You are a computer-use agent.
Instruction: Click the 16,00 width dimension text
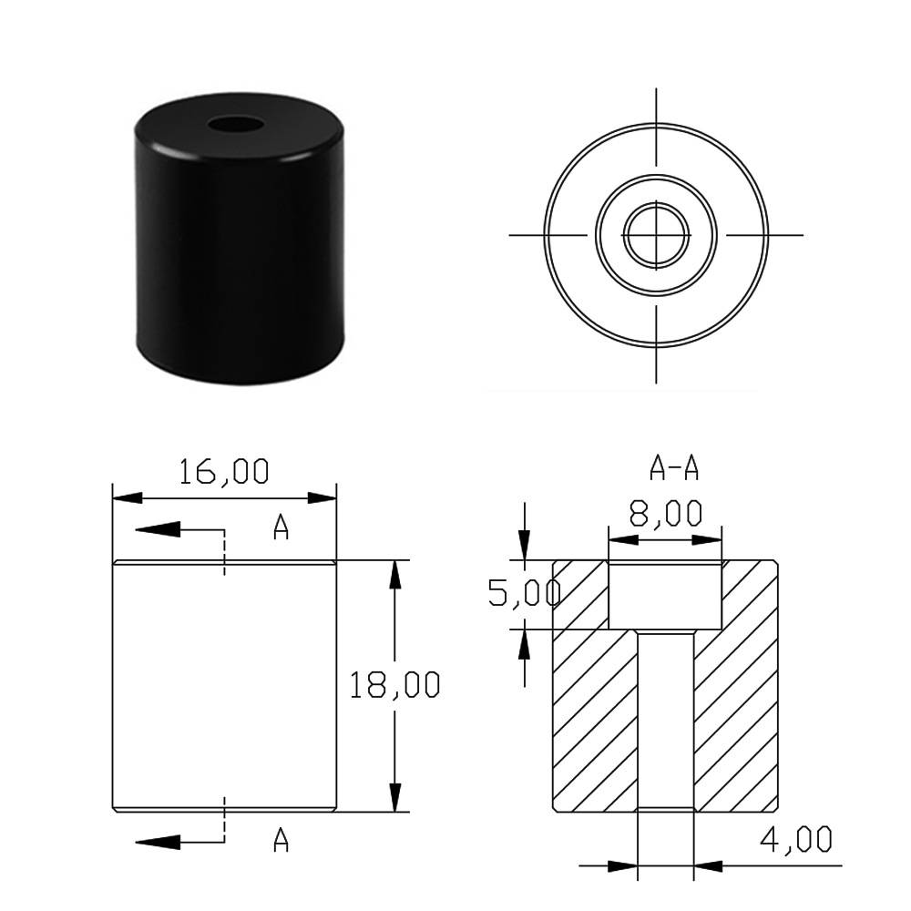tap(224, 471)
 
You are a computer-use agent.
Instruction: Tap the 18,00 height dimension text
tap(394, 684)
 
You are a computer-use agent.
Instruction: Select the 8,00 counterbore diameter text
tap(666, 513)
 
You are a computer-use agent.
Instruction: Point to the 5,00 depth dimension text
tap(524, 594)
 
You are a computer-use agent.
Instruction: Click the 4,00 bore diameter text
tap(796, 840)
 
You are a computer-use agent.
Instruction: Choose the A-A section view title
tap(674, 467)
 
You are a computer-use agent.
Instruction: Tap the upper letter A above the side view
tap(281, 527)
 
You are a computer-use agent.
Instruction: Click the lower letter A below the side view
tap(281, 840)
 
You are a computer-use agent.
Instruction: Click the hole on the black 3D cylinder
tap(236, 124)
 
